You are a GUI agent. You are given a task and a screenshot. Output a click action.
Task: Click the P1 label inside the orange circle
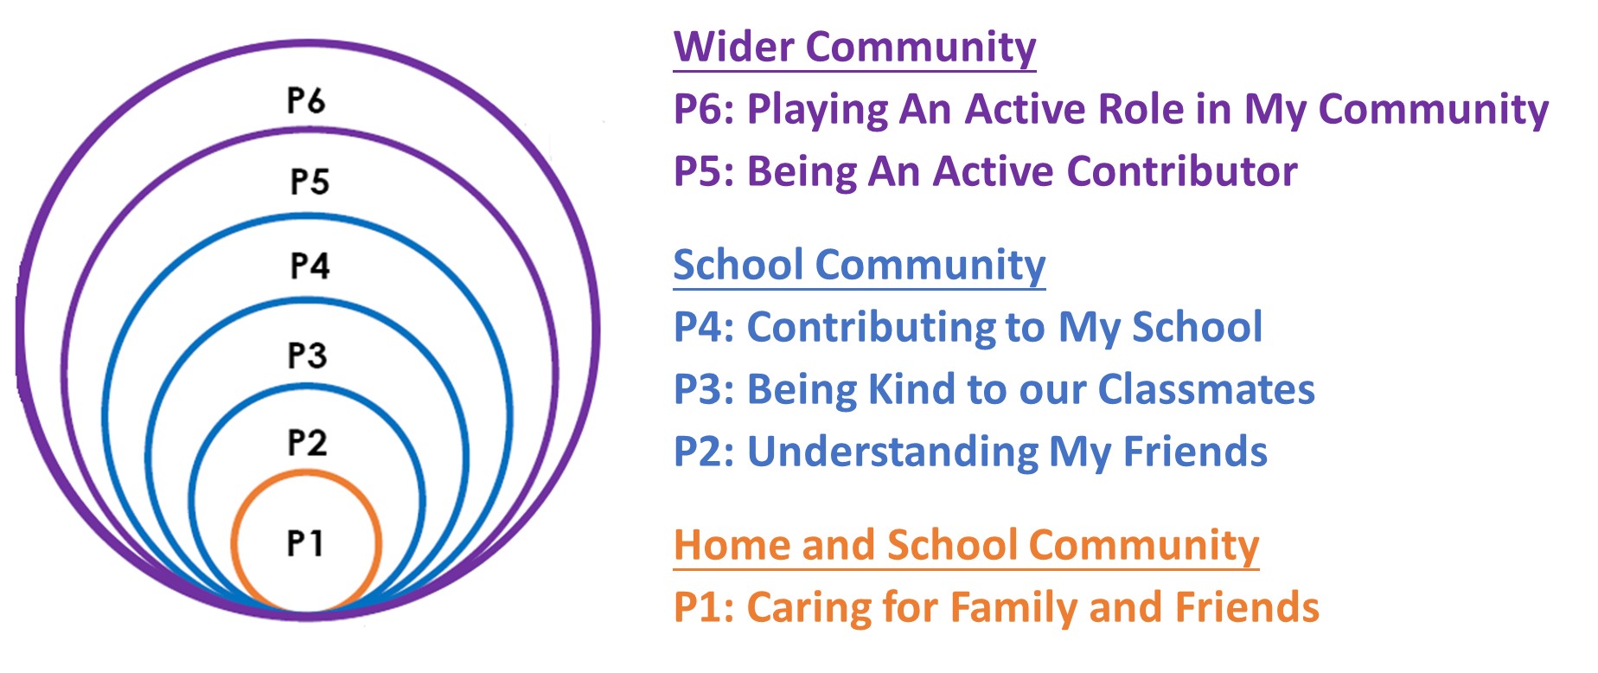pyautogui.click(x=305, y=543)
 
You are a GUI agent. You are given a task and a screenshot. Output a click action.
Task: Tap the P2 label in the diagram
pyautogui.click(x=307, y=442)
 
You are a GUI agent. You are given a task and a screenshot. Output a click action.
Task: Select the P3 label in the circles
pyautogui.click(x=307, y=355)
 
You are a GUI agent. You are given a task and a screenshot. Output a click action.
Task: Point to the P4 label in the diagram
pyautogui.click(x=310, y=266)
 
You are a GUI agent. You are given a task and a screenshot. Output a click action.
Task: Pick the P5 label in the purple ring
pyautogui.click(x=310, y=182)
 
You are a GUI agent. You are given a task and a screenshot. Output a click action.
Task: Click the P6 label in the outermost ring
pyautogui.click(x=306, y=100)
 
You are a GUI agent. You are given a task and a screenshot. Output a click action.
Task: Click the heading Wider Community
pyautogui.click(x=854, y=47)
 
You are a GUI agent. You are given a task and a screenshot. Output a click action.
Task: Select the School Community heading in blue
pyautogui.click(x=860, y=265)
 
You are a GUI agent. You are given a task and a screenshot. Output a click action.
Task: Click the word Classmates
pyautogui.click(x=1206, y=389)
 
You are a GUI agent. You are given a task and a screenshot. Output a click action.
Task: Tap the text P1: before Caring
pyautogui.click(x=704, y=607)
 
